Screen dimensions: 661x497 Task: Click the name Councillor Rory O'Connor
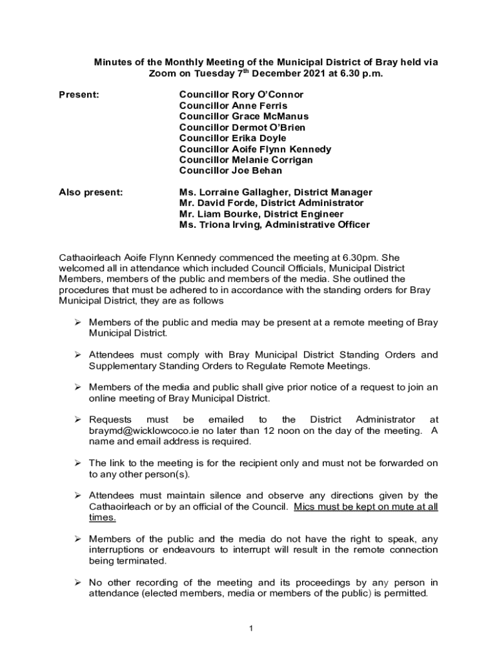(x=241, y=95)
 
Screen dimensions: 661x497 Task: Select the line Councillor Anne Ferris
(x=233, y=106)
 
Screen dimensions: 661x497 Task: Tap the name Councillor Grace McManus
(x=243, y=117)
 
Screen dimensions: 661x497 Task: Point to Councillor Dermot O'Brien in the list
(x=242, y=128)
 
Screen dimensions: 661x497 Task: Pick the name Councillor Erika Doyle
(x=232, y=138)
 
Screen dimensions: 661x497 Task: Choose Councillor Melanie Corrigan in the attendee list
(x=246, y=160)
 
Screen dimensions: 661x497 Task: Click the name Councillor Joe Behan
(x=230, y=171)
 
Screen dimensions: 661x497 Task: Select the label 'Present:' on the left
(x=79, y=95)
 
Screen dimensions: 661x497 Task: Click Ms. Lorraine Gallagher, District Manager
(x=276, y=192)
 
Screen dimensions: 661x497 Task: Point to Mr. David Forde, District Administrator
(x=271, y=203)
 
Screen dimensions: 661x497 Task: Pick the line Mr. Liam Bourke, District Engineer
(x=261, y=214)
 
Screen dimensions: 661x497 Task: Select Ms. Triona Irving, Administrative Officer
(x=274, y=225)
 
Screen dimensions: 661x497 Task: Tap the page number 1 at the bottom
(x=249, y=628)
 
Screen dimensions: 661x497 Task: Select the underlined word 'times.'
(x=102, y=518)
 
